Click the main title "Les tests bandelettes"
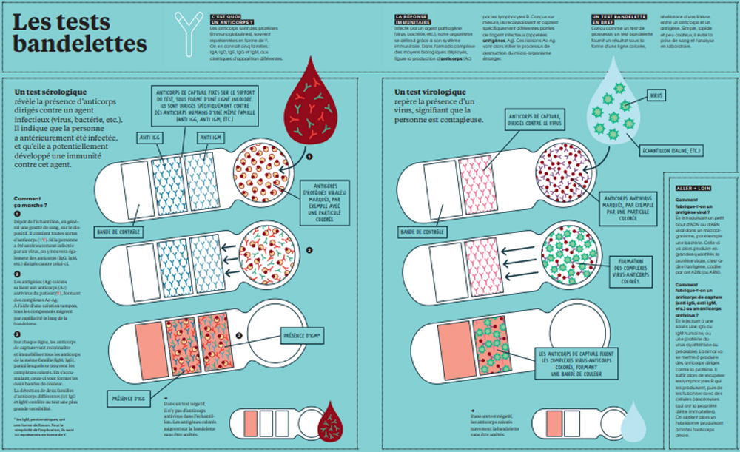coord(80,33)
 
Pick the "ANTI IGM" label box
coord(211,138)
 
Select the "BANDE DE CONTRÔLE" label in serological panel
coord(118,232)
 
